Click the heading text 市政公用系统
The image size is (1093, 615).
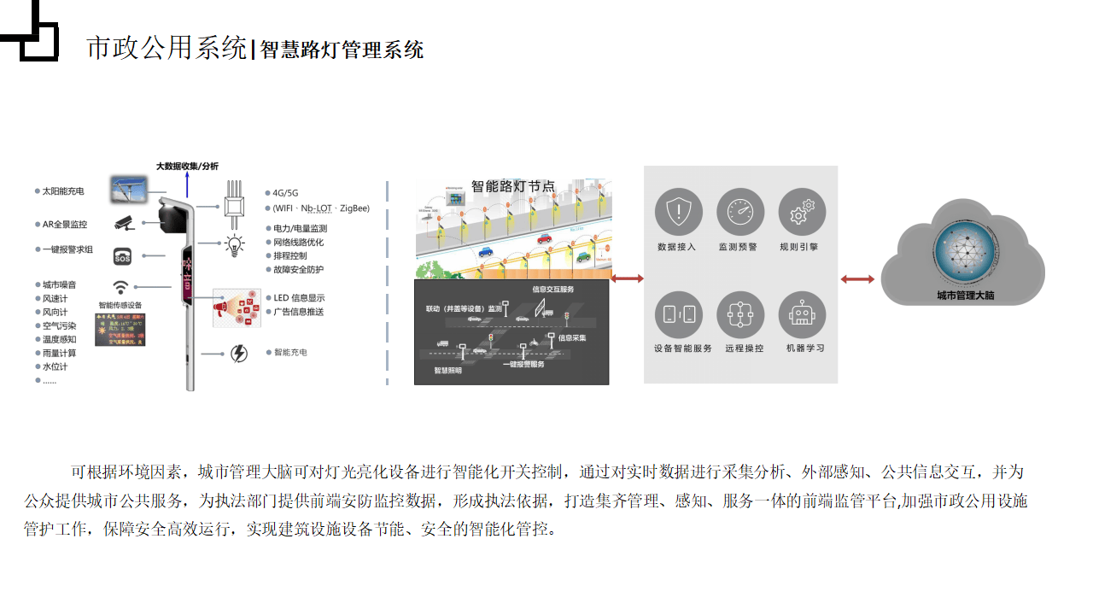[x=167, y=48]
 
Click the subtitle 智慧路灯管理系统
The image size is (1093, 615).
[x=342, y=50]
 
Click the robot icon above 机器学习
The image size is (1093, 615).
[x=802, y=314]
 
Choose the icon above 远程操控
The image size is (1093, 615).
[x=739, y=314]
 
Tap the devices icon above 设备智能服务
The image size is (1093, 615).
[x=679, y=314]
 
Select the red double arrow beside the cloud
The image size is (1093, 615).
[x=857, y=279]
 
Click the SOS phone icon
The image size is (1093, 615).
[x=123, y=256]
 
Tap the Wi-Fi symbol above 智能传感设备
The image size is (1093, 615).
[x=122, y=287]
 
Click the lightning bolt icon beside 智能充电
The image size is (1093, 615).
[x=239, y=353]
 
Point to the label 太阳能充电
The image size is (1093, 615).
[x=63, y=191]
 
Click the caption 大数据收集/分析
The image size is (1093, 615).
[x=187, y=166]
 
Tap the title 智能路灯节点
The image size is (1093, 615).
[x=512, y=185]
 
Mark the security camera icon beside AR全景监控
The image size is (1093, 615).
[x=125, y=224]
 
